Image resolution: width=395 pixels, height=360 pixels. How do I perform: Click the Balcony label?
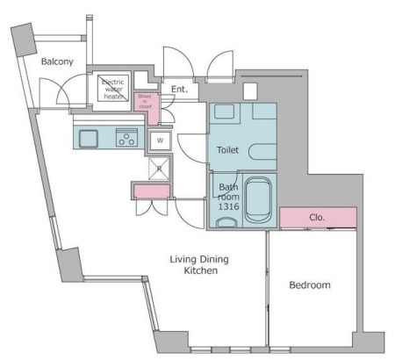coord(57,61)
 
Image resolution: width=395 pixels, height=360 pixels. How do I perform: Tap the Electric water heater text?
coord(113,89)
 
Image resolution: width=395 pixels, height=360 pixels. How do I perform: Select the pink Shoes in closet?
coord(147,107)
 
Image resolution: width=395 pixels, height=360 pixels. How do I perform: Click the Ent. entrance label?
coord(179,90)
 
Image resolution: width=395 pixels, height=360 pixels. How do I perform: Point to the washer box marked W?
coord(160,140)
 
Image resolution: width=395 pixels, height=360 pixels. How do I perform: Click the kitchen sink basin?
coord(88,139)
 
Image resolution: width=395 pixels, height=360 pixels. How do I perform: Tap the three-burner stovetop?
coord(126,138)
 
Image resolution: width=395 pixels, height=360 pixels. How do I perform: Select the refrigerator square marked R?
coord(159,169)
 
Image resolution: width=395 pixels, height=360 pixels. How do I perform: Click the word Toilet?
coord(227,150)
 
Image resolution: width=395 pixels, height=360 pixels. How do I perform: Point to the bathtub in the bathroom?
coord(258,199)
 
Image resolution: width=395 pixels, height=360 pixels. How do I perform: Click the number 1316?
coord(229,206)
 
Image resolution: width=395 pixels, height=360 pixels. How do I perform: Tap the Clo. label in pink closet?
coord(317,218)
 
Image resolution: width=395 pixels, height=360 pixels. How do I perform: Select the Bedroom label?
coord(310,285)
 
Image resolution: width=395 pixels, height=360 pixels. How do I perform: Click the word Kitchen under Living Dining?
coord(201,270)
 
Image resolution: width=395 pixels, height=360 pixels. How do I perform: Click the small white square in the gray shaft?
coord(250,91)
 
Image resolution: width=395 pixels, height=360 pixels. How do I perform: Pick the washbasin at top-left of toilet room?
coord(225,112)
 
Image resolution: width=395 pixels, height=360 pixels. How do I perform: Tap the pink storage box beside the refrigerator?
coord(152,191)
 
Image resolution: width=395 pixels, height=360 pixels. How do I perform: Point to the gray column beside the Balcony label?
coord(24,40)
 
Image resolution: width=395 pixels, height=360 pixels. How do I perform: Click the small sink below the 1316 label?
coord(226,222)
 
